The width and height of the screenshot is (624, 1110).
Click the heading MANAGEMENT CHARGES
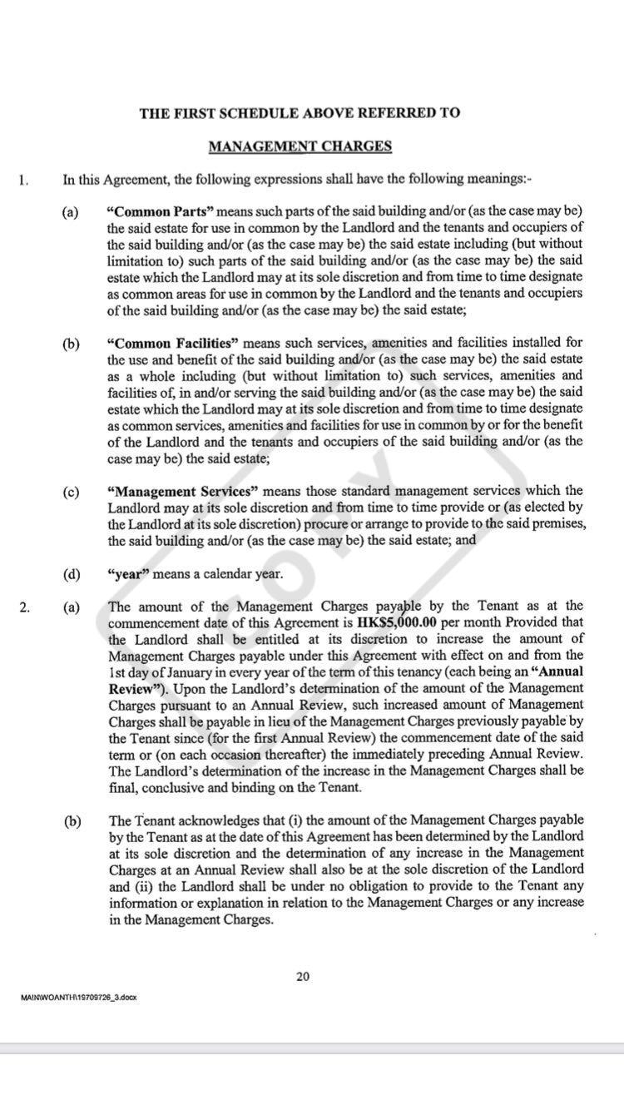(300, 146)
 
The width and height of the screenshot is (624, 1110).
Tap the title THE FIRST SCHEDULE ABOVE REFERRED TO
(300, 113)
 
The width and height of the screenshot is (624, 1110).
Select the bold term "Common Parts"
(159, 211)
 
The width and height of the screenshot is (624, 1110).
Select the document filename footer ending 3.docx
(77, 997)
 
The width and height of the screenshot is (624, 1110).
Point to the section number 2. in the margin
(24, 607)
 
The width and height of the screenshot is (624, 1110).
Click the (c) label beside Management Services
(71, 492)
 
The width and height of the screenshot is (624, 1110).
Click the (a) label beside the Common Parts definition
(71, 211)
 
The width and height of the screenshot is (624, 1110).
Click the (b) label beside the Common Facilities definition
(71, 343)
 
